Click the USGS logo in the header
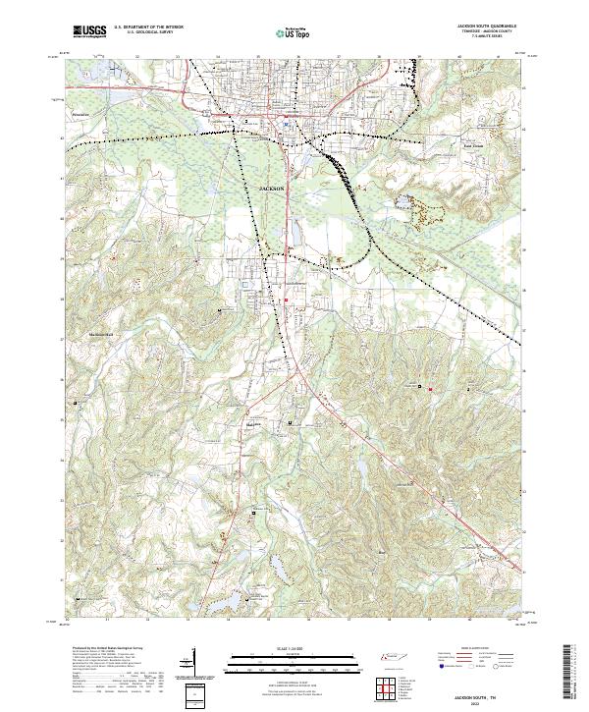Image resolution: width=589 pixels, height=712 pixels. click(89, 31)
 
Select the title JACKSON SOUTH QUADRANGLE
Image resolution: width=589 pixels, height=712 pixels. click(486, 27)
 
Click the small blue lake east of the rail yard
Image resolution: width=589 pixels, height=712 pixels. click(402, 204)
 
